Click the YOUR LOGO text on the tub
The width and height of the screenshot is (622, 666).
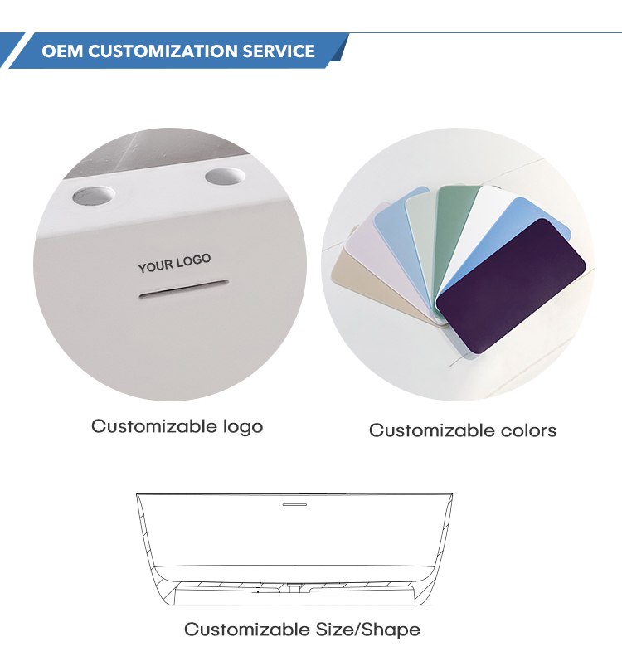174,264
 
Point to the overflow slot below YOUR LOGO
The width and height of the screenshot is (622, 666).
184,289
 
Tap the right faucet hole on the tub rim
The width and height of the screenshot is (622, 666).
225,177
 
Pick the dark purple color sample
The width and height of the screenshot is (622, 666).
511,285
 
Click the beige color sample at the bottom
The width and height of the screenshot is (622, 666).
374,284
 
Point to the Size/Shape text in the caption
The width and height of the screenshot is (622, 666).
367,630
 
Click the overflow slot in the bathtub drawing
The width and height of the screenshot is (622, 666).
294,504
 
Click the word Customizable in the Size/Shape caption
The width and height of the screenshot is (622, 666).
247,630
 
